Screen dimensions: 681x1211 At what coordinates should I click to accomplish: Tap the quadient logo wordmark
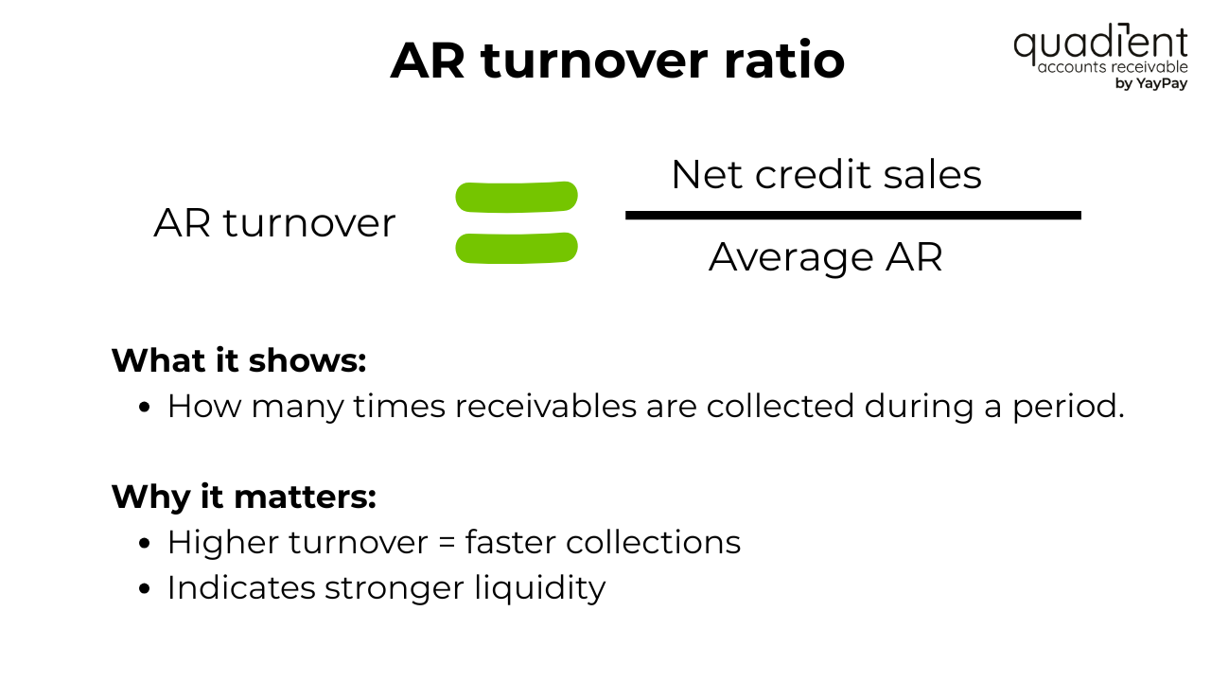pos(1099,44)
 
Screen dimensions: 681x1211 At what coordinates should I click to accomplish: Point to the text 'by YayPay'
pos(1151,83)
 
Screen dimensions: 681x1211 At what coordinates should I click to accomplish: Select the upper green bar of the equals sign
pos(517,197)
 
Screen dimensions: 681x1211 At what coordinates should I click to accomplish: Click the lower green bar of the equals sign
pos(517,248)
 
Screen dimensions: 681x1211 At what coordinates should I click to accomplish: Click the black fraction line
pos(852,216)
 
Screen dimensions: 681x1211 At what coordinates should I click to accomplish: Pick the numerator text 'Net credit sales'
pos(826,175)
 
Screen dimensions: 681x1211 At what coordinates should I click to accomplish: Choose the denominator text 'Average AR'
pos(826,256)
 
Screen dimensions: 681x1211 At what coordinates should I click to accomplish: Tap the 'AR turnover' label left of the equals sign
pos(274,223)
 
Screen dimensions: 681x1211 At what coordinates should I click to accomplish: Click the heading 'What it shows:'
pos(238,360)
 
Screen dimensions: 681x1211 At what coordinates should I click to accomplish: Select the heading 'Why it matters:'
pos(243,497)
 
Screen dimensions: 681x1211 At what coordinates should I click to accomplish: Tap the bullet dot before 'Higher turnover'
pos(145,544)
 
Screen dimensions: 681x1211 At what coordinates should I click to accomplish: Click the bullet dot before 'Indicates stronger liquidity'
pos(145,589)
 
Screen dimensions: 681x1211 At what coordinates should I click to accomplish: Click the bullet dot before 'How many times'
pos(145,408)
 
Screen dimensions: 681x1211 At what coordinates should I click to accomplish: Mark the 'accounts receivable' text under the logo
pos(1113,67)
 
